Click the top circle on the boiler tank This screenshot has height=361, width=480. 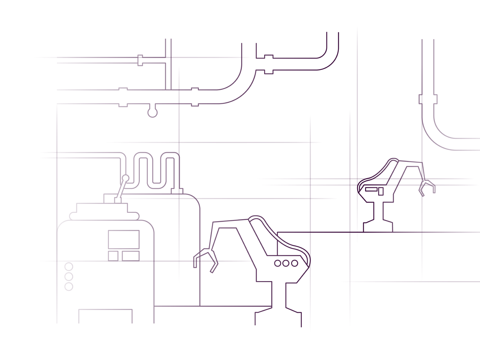(69, 267)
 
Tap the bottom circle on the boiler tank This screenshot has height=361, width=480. (69, 286)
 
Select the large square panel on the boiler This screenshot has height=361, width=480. (124, 240)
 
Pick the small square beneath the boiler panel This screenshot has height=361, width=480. (113, 256)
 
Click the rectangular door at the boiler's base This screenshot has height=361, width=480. (106, 316)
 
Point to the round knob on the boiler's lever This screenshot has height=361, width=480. (126, 178)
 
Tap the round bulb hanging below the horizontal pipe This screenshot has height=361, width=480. (152, 113)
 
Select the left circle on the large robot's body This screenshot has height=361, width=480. (278, 263)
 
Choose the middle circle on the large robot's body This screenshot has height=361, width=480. (286, 263)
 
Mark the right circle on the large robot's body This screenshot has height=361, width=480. (295, 263)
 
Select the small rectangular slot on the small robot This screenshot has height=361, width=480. (371, 189)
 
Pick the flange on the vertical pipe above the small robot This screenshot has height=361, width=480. (428, 99)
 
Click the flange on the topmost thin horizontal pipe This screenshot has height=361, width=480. (141, 60)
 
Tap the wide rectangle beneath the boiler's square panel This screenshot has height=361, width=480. (131, 256)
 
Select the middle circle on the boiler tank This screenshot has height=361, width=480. (69, 277)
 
